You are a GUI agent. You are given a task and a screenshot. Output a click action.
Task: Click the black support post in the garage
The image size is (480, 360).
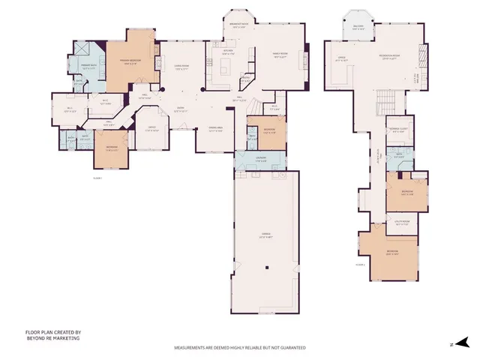click(267, 268)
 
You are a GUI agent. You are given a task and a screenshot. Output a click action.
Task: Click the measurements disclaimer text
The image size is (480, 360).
click(240, 348)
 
